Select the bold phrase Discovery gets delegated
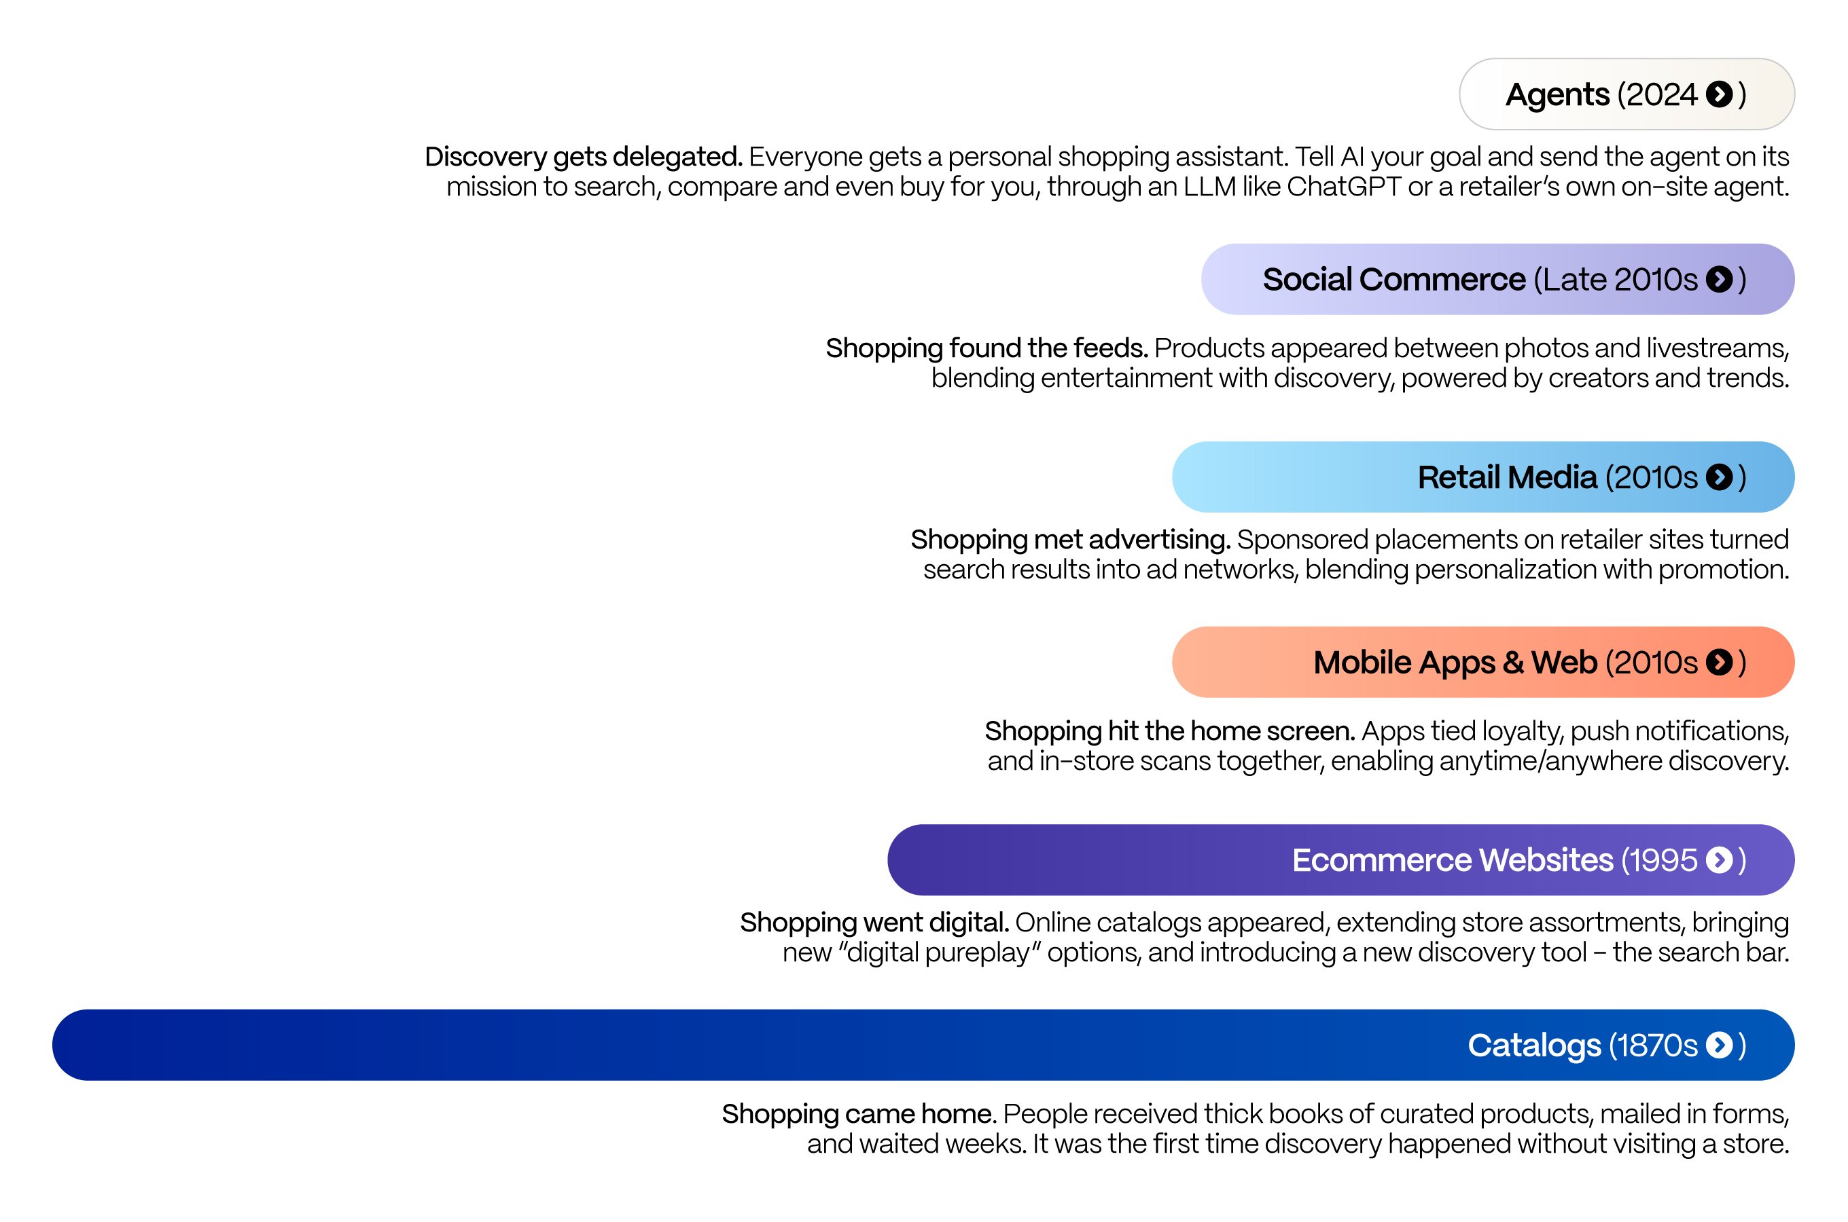coord(583,157)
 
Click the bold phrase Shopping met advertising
coord(1070,539)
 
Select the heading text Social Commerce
coord(1393,279)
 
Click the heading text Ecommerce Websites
coord(1452,860)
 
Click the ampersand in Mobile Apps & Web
coord(1512,663)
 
